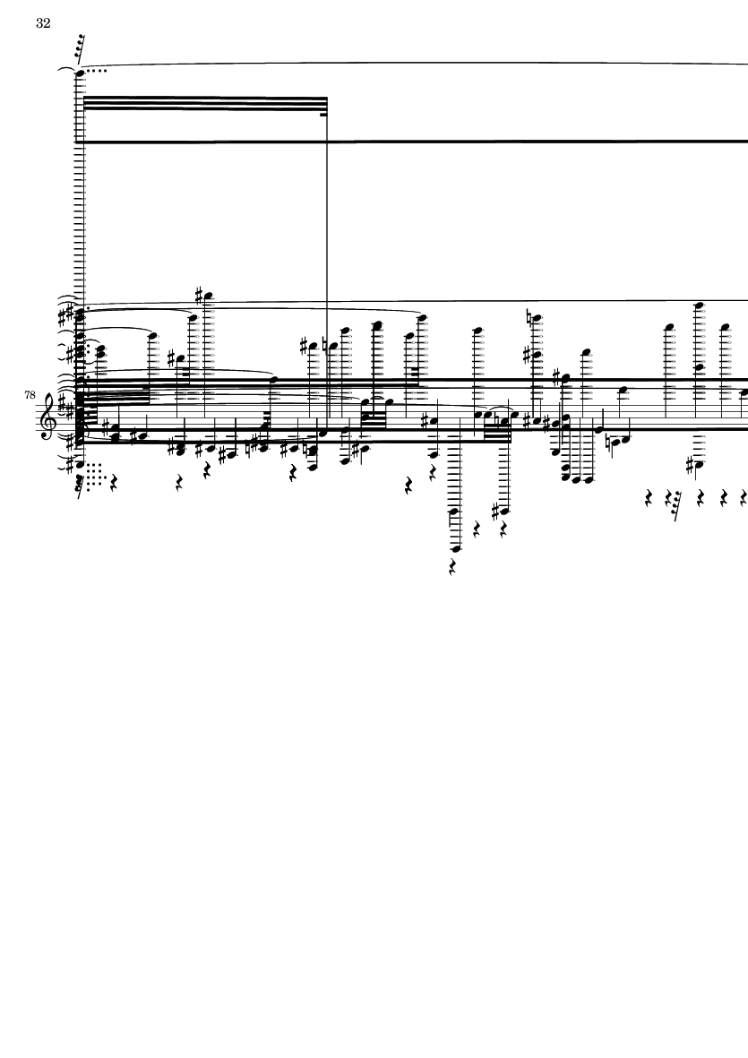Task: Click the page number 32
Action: click(43, 23)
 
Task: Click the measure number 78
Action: click(30, 395)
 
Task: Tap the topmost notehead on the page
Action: click(81, 73)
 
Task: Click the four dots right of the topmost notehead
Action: click(97, 70)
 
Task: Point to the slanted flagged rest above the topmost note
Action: click(81, 48)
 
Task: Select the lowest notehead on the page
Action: click(455, 549)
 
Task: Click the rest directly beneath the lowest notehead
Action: click(451, 567)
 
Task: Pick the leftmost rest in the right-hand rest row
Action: click(649, 499)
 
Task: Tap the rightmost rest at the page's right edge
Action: click(744, 499)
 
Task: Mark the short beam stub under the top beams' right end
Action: click(323, 115)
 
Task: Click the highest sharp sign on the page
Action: click(199, 295)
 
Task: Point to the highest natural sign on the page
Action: click(529, 316)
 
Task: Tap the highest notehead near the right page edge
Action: click(701, 305)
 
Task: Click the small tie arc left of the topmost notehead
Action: click(66, 69)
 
